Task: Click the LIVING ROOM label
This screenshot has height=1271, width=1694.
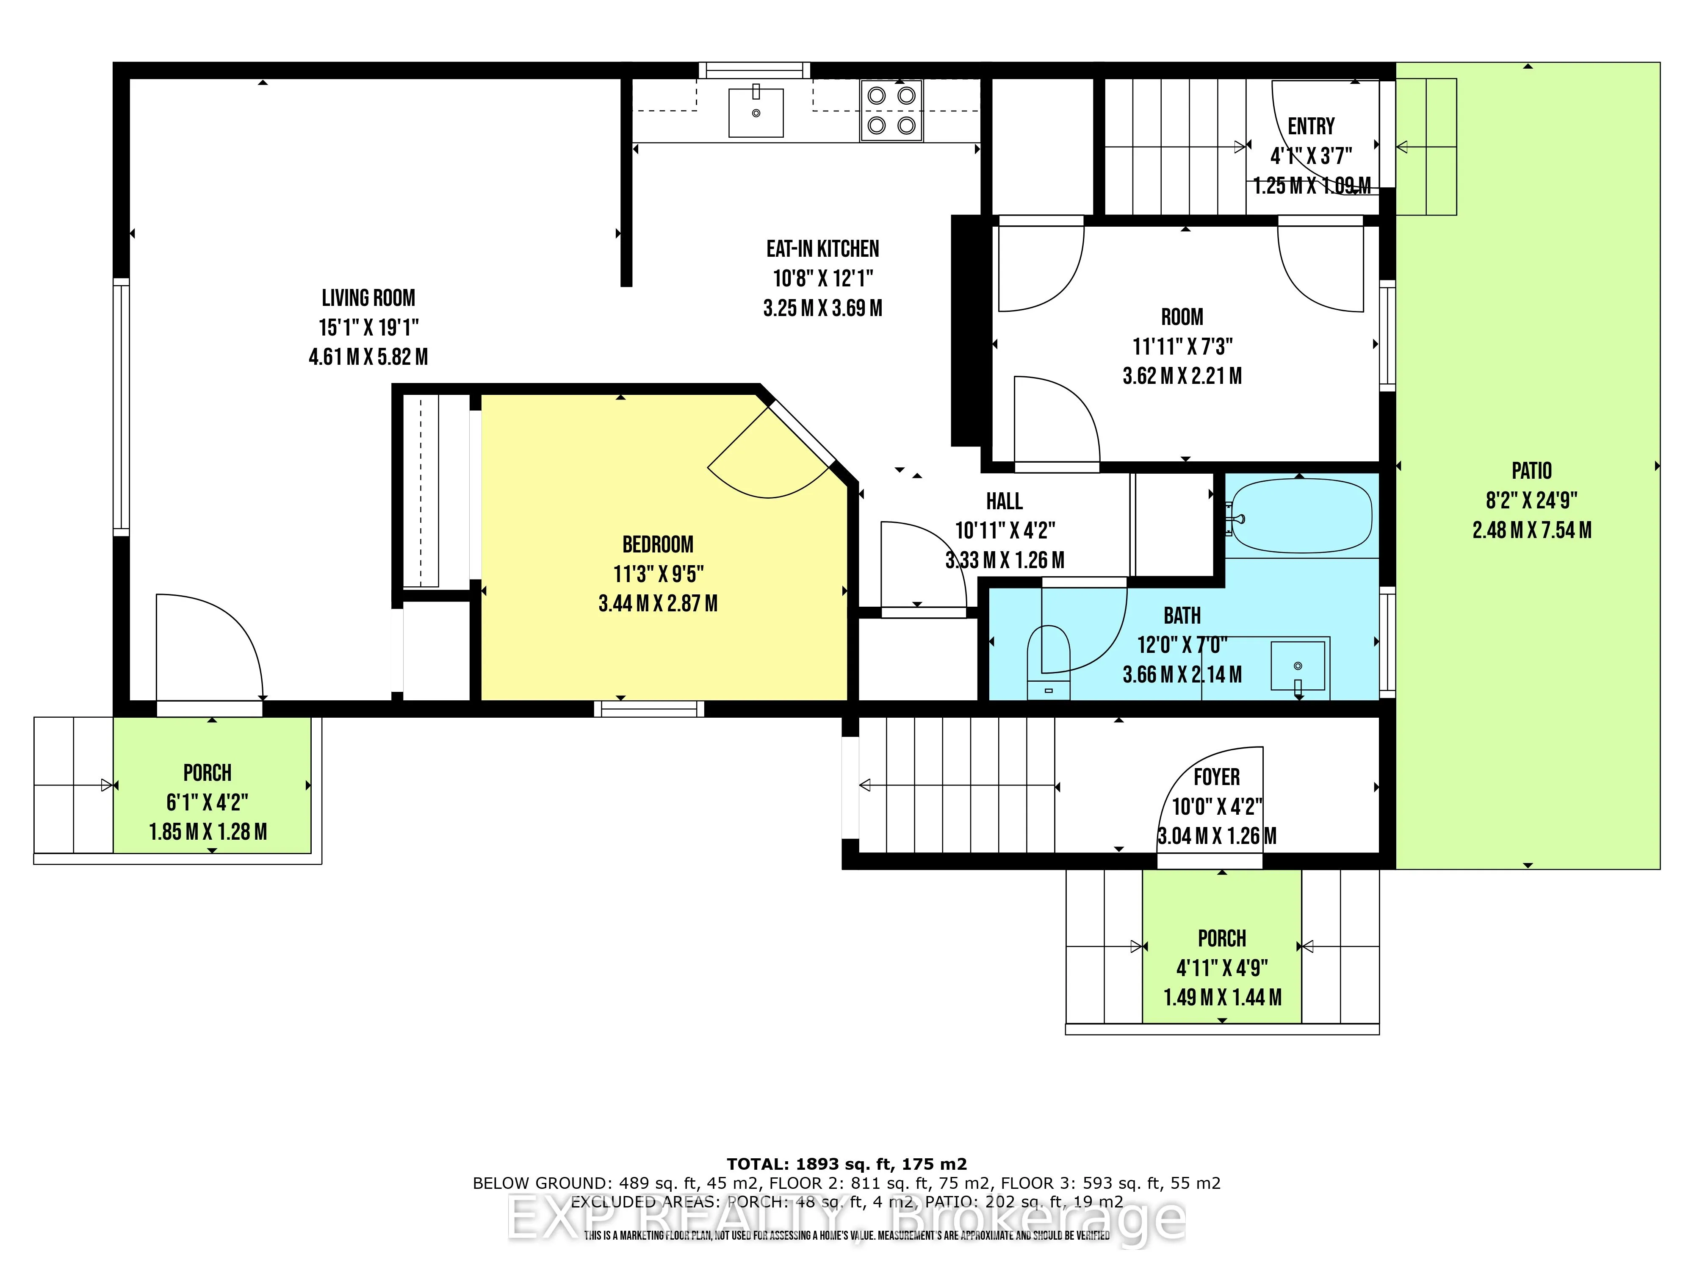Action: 368,298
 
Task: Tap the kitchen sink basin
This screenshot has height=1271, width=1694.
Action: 756,113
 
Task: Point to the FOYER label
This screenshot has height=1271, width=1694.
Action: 1216,777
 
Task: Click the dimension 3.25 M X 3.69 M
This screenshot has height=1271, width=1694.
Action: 822,308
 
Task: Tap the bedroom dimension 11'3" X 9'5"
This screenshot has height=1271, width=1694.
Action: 658,574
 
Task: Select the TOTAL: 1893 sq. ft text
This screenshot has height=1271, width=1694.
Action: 846,1165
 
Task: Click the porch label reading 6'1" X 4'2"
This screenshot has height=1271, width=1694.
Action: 208,802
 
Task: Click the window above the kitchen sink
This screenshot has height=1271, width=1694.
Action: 754,70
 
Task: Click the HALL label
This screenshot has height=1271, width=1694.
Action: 1004,502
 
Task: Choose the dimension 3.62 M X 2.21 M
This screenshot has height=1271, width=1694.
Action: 1182,376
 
